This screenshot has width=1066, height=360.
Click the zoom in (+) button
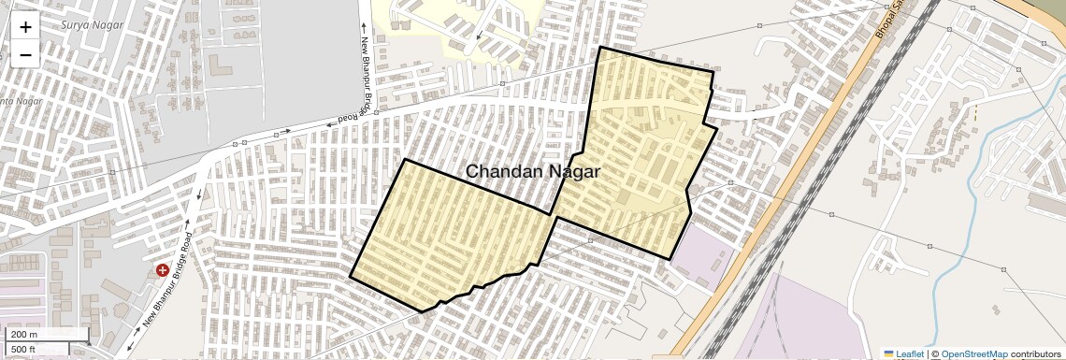tap(25, 26)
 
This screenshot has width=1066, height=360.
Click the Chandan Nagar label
tap(532, 172)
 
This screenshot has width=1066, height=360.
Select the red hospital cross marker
tap(163, 270)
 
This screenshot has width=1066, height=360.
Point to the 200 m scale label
tap(24, 335)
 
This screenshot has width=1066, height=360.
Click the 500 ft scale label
tap(23, 349)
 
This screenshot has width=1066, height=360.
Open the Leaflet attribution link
tap(910, 354)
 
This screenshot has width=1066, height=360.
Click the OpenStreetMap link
tap(973, 354)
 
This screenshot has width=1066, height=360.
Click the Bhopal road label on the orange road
tap(886, 21)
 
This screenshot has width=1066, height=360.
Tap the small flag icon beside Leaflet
tap(888, 354)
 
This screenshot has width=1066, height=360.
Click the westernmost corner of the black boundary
tap(351, 277)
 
